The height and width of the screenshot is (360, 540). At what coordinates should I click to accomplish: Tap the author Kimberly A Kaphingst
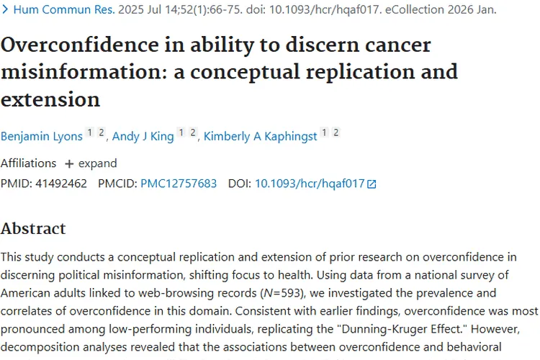(260, 136)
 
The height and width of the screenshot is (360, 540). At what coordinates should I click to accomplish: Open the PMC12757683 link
(179, 184)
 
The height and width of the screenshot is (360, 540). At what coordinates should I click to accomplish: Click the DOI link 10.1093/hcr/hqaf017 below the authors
(310, 184)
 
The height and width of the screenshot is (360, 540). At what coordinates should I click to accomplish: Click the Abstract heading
(33, 229)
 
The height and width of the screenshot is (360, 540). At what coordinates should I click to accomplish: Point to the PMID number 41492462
(60, 184)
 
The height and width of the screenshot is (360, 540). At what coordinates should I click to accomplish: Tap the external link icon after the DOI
(372, 184)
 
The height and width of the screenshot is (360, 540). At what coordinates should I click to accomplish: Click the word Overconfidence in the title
(76, 45)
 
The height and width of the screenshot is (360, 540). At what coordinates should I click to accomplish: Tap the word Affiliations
(28, 163)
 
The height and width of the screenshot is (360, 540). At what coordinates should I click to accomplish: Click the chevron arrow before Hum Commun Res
(6, 11)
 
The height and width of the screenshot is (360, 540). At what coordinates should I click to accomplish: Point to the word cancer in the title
(393, 45)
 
